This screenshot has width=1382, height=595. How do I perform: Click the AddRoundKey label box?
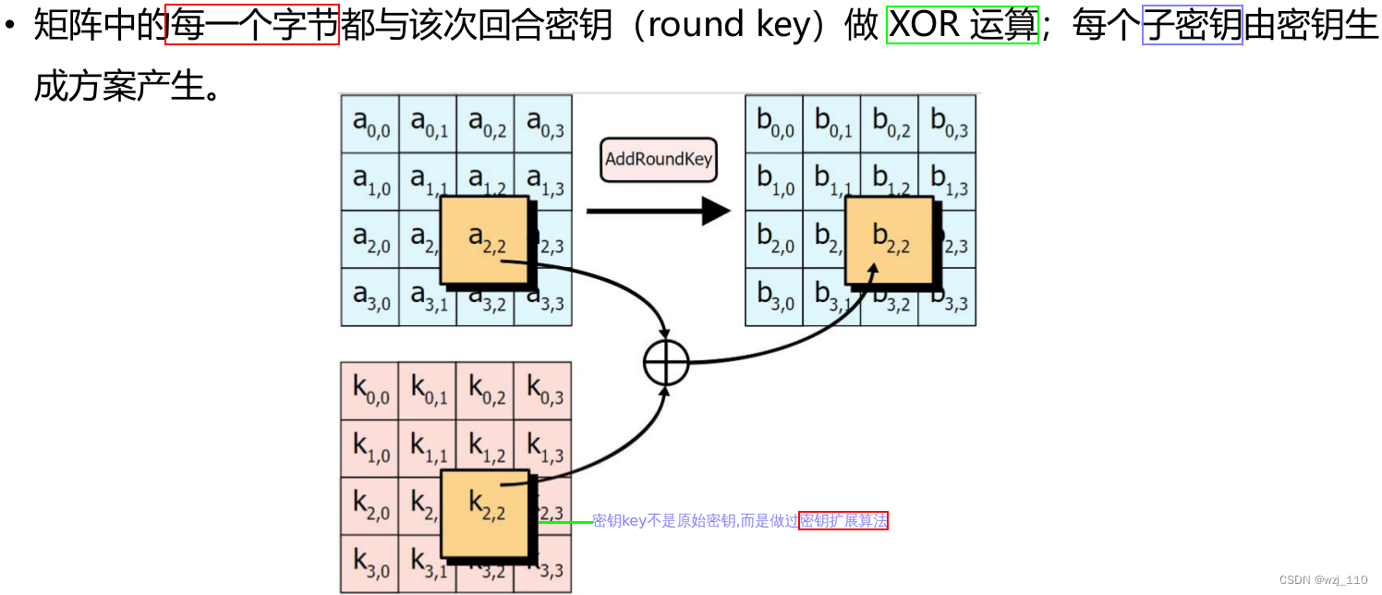pyautogui.click(x=659, y=159)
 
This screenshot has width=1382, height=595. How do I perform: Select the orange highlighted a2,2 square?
pyautogui.click(x=484, y=239)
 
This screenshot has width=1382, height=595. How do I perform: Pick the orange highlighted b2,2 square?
pyautogui.click(x=889, y=239)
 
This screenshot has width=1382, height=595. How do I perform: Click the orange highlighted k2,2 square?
pyautogui.click(x=484, y=513)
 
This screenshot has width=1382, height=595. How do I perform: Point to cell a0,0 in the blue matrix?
pyautogui.click(x=370, y=124)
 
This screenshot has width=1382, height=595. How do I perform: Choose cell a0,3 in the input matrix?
pyautogui.click(x=543, y=124)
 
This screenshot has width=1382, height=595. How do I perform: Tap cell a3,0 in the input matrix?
pyautogui.click(x=370, y=297)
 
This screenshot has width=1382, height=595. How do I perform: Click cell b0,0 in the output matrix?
pyautogui.click(x=775, y=124)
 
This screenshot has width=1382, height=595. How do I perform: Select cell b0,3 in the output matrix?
pyautogui.click(x=948, y=124)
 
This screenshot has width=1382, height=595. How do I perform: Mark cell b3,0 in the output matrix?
pyautogui.click(x=775, y=297)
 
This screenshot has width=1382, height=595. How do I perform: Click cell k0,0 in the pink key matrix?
pyautogui.click(x=370, y=391)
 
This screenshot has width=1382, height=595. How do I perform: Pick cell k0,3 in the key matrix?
pyautogui.click(x=543, y=391)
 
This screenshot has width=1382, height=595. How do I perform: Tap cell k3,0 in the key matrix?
pyautogui.click(x=370, y=564)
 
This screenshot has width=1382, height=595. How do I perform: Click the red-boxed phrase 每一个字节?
pyautogui.click(x=252, y=25)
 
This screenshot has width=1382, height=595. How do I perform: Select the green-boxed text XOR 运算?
pyautogui.click(x=964, y=25)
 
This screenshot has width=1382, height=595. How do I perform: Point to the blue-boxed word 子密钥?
pyautogui.click(x=1193, y=25)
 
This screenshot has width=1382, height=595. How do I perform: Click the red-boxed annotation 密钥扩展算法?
pyautogui.click(x=843, y=521)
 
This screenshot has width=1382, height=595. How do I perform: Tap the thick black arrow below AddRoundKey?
pyautogui.click(x=658, y=211)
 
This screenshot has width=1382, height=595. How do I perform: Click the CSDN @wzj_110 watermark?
pyautogui.click(x=1323, y=580)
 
